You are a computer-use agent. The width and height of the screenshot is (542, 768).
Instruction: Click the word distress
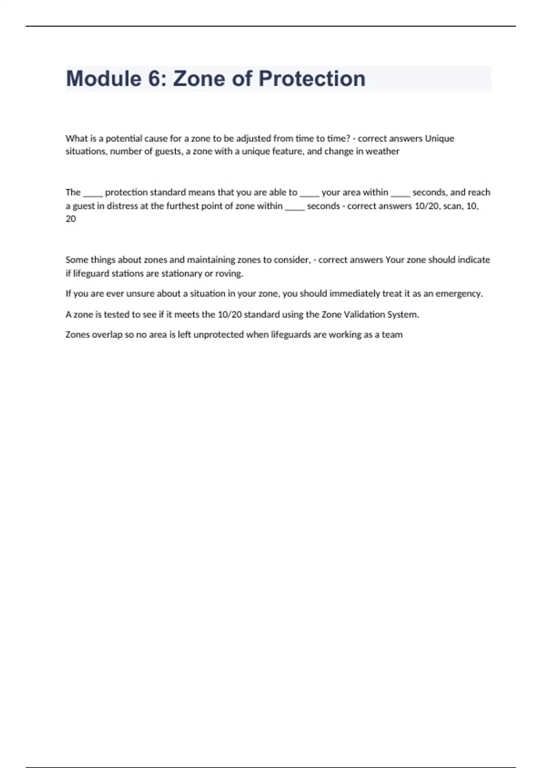tap(122, 206)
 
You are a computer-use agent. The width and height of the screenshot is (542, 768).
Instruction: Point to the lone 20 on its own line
tap(70, 219)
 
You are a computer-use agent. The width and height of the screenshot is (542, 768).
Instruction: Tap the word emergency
tap(458, 294)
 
